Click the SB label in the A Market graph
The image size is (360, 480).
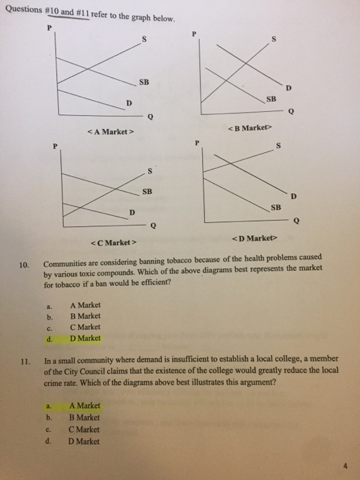144,83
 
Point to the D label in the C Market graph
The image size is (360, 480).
132,211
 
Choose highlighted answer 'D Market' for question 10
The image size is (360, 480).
85,338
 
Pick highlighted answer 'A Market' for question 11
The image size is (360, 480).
85,405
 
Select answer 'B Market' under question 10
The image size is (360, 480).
85,316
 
